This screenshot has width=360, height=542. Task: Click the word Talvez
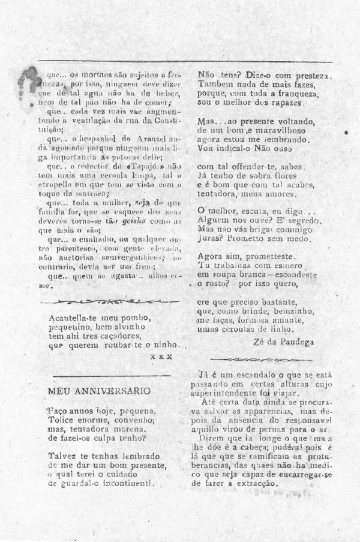point(62,456)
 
